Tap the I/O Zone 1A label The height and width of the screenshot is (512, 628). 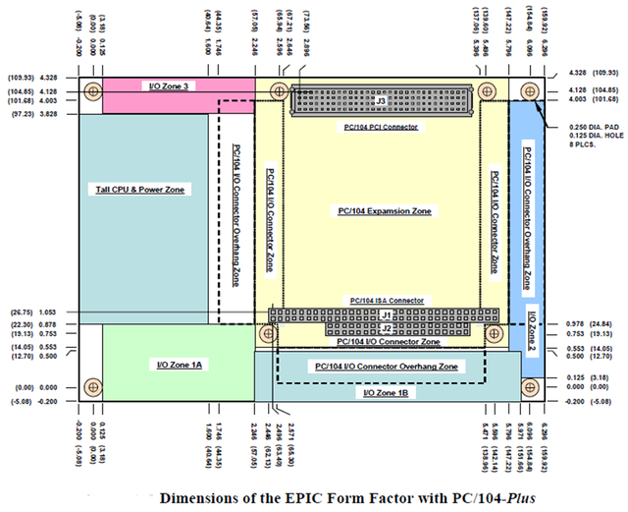click(x=180, y=365)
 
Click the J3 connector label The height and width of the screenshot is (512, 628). click(x=382, y=100)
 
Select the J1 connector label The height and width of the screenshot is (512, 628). click(x=386, y=314)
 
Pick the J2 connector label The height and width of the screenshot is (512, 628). click(x=386, y=327)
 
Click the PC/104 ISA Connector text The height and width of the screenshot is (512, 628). click(x=387, y=300)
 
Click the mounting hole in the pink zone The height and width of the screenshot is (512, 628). click(x=92, y=92)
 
